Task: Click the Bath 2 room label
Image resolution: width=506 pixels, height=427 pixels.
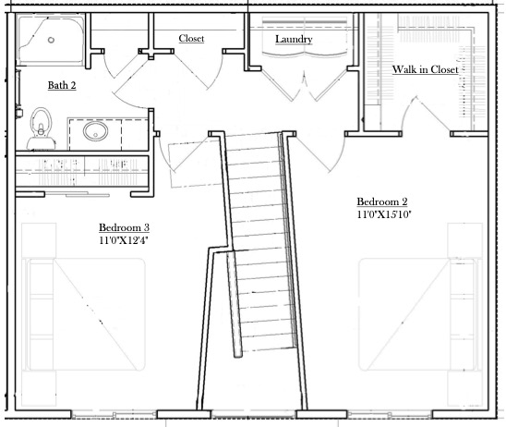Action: click(62, 85)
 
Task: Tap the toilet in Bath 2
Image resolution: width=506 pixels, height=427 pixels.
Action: click(41, 128)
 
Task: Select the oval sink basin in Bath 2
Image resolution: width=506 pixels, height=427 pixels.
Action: click(95, 131)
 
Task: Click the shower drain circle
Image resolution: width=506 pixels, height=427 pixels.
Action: click(51, 40)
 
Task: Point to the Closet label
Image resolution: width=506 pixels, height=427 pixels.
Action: click(191, 38)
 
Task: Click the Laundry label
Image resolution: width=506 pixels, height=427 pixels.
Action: click(294, 39)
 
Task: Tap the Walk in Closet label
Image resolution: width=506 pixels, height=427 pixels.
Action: click(426, 69)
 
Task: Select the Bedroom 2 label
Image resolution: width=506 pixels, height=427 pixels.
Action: click(382, 201)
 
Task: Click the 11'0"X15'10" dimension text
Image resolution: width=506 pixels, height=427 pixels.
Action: click(384, 214)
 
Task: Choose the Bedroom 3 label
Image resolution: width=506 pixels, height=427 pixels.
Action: click(125, 227)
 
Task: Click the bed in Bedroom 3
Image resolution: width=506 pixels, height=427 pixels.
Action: click(84, 314)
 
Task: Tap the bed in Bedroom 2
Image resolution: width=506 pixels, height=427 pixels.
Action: click(417, 314)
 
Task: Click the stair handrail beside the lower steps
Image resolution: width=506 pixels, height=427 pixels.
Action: click(235, 304)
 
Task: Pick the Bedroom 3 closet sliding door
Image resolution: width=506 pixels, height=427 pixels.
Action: click(78, 194)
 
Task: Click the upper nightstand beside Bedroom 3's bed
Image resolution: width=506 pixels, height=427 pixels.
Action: click(39, 240)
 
